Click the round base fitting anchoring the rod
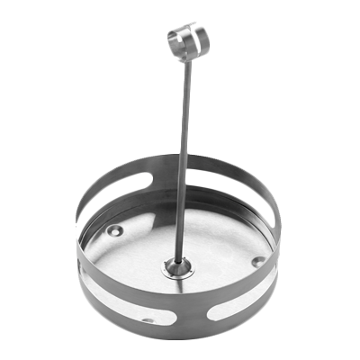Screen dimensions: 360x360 (x=176, y=267)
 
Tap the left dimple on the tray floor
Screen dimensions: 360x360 (x=114, y=230)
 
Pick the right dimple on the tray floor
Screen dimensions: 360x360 (x=258, y=261)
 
